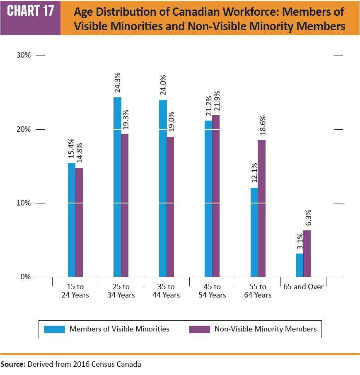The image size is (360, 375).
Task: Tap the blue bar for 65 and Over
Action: (300, 265)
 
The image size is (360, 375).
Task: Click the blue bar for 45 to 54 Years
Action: (208, 198)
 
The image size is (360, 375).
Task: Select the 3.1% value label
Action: (300, 242)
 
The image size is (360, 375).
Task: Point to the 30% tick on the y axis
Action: (24, 55)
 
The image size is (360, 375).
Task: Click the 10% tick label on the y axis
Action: (24, 203)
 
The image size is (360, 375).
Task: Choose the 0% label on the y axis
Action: (26, 277)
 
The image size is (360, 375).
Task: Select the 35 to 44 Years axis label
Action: (167, 291)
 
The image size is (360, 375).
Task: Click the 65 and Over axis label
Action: (303, 287)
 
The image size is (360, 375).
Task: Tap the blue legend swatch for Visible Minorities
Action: (55, 329)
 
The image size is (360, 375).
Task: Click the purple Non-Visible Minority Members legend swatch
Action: (200, 329)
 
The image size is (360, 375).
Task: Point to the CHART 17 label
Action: (31, 11)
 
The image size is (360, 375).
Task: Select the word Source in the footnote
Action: (12, 365)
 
